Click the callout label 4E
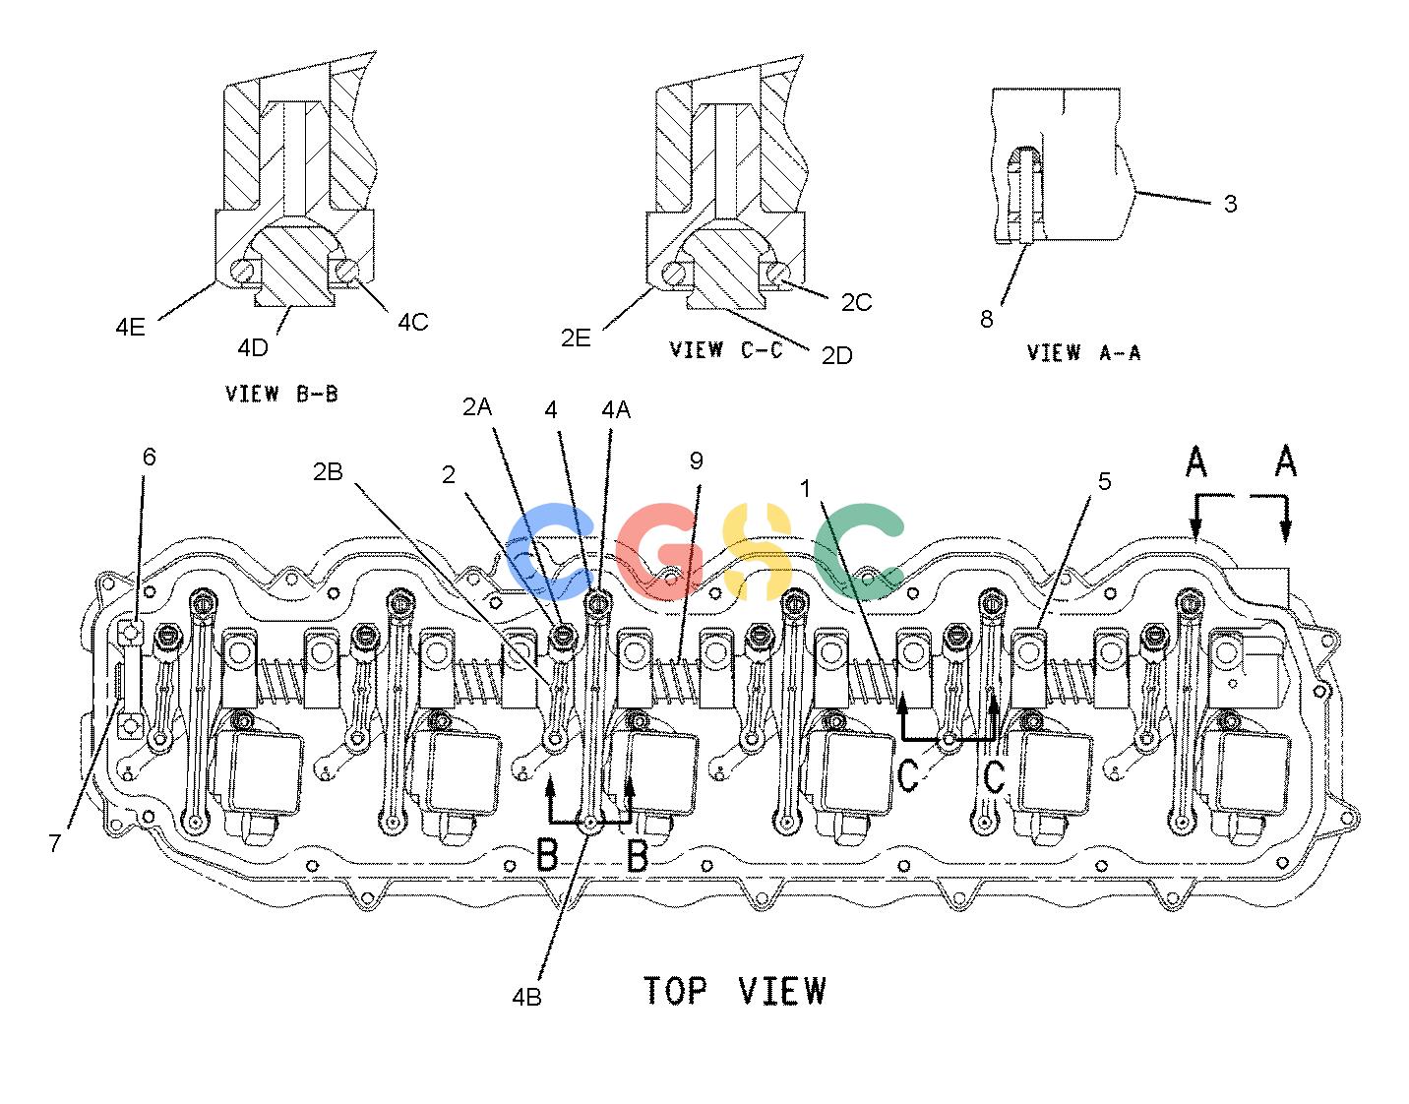[x=130, y=327]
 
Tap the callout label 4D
[x=253, y=348]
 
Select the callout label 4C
[x=413, y=322]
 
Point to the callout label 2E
[x=576, y=337]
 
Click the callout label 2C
[x=857, y=302]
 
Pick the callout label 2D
[x=837, y=355]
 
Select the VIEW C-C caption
[x=726, y=350]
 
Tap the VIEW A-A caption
[x=1083, y=352]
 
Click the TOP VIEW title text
[x=735, y=991]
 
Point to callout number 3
[x=1230, y=204]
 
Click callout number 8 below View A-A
[x=986, y=319]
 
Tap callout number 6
[x=150, y=457]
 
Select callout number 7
[x=55, y=842]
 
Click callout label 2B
[x=328, y=472]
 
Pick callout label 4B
[x=526, y=997]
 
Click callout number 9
[x=696, y=460]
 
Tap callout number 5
[x=1104, y=482]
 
